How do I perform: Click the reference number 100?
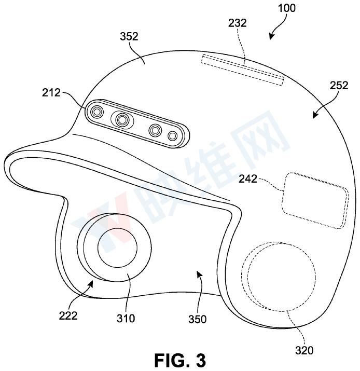[287, 8]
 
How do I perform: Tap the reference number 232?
[237, 23]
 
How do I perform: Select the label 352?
[129, 36]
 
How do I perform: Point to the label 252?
[339, 86]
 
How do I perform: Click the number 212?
[51, 92]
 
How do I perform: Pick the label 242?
[248, 178]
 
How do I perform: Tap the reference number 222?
[68, 315]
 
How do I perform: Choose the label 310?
[126, 319]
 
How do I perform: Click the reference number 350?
[198, 319]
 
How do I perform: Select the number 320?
[304, 350]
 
